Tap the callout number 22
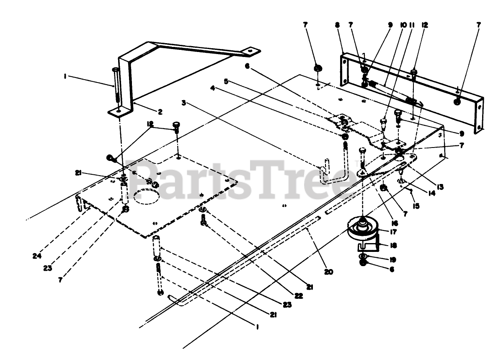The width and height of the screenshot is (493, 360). [x=298, y=296]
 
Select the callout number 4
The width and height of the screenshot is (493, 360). [x=213, y=88]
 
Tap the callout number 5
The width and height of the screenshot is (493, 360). [x=226, y=82]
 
